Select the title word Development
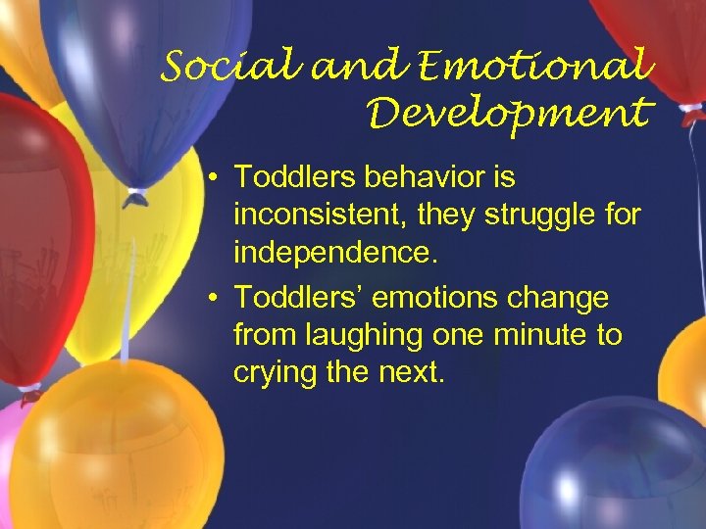(x=509, y=115)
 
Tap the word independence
(x=334, y=254)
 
